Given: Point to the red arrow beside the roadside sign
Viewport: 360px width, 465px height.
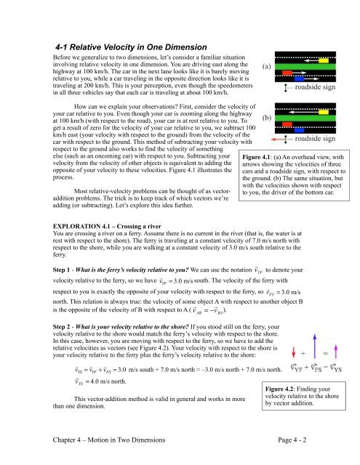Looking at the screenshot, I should pyautogui.click(x=279, y=138).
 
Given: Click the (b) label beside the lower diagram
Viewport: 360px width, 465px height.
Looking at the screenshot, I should pyautogui.click(x=268, y=115).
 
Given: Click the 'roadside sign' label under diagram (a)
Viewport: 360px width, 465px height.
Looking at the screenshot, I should pyautogui.click(x=316, y=87).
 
